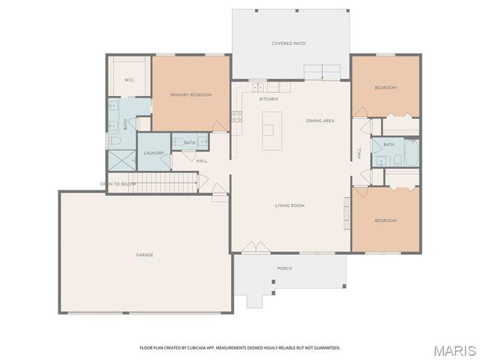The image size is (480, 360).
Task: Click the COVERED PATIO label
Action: pos(289,43)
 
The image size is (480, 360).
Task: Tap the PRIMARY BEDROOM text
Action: pos(190,94)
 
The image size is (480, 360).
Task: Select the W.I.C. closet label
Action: pos(129,80)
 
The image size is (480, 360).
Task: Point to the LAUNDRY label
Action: pos(154,153)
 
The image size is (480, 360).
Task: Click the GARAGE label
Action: pos(145,255)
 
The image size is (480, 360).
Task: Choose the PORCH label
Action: pos(285,268)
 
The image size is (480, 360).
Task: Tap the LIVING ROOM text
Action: pos(289,205)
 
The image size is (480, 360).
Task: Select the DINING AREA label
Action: pos(320,121)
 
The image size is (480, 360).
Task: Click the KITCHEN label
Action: pos(268,99)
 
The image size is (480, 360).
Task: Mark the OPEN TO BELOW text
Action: pos(118,184)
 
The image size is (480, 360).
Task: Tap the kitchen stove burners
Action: pos(236,116)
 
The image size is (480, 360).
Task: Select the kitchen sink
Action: pos(259,88)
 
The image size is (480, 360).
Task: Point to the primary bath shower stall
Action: pos(118,158)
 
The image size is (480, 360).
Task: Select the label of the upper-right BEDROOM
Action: pos(385,88)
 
